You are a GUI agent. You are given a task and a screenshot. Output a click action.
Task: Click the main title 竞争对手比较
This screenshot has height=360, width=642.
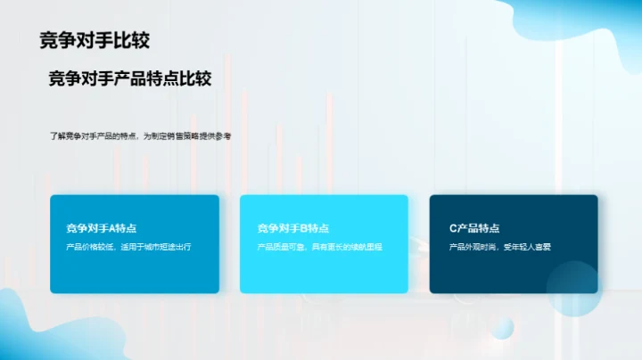(x=95, y=40)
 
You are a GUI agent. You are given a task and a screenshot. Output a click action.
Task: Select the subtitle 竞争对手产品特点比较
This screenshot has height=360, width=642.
(x=129, y=78)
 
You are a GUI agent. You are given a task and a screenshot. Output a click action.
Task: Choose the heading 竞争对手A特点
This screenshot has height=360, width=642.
(x=101, y=228)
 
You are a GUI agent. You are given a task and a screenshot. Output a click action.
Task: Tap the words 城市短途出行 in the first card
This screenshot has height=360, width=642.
(x=169, y=246)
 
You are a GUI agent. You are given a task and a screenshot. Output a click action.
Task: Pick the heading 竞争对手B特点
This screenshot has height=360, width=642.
(x=292, y=228)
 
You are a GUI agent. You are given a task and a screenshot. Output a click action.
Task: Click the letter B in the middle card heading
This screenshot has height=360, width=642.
(x=304, y=228)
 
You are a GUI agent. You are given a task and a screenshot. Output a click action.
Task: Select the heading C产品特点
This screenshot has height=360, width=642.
(x=474, y=228)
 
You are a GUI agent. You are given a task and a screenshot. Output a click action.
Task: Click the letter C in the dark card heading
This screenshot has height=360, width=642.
(x=453, y=228)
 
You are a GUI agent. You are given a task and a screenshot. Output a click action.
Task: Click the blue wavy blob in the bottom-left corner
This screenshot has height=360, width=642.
(x=22, y=330)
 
